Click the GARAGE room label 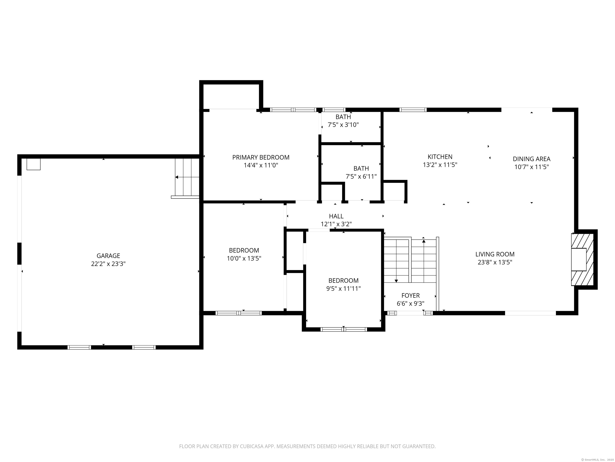point(108,256)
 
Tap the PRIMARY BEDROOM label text point(261,157)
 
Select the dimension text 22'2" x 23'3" point(108,264)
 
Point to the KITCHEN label point(440,157)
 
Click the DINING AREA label point(532,159)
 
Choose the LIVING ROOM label point(495,254)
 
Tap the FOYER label point(410,296)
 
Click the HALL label point(336,216)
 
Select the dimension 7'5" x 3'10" point(343,125)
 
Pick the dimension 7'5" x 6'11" point(361,176)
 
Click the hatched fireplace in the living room point(583,259)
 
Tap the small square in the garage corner point(33,164)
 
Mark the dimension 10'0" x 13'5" point(244,258)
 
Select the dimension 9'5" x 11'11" point(343,289)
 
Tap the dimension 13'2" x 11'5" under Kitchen point(440,165)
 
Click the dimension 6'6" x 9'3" point(410,304)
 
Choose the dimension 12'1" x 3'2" point(336,224)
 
